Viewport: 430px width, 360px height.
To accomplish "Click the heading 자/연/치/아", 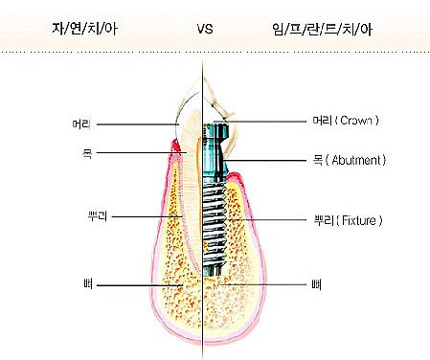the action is click(85, 29).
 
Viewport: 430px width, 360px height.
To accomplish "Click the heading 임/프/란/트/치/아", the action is click(323, 29).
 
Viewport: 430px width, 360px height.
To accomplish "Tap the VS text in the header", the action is click(205, 29).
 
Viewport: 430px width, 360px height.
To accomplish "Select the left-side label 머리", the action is click(81, 124).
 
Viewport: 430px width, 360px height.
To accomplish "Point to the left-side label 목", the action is click(87, 153).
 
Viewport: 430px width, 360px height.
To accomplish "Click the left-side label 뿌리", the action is click(98, 216).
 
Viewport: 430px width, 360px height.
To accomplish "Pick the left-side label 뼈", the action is click(88, 284).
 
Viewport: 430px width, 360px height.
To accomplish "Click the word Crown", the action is click(356, 121).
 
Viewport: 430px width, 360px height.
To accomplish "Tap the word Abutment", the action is click(356, 160).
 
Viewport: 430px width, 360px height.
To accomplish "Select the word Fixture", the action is click(359, 220).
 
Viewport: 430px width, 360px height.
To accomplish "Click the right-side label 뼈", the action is click(316, 284).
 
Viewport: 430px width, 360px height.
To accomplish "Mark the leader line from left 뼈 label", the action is click(140, 285).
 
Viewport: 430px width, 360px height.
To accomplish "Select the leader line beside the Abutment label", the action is click(265, 160).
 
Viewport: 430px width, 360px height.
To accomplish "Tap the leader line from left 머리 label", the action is click(137, 124).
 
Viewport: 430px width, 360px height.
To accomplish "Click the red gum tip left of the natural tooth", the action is click(174, 145).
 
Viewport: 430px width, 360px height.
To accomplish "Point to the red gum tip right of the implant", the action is click(236, 176).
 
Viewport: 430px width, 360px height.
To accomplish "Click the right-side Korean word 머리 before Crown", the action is click(323, 121).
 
